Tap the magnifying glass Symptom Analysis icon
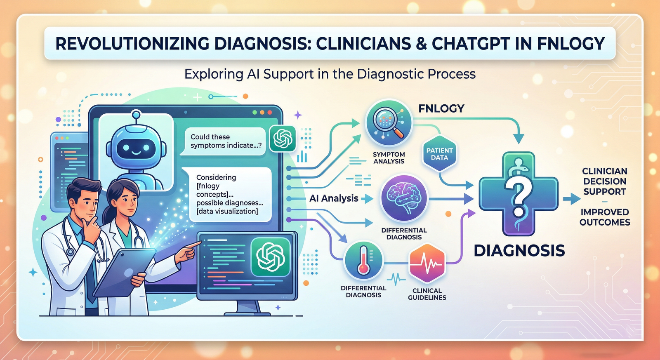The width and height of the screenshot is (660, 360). [389, 123]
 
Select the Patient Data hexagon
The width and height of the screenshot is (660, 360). [439, 154]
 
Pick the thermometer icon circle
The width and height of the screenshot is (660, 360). [364, 261]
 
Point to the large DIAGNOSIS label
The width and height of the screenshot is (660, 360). [519, 250]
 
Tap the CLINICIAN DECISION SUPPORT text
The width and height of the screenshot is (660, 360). [604, 181]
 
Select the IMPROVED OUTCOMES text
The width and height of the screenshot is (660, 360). [605, 217]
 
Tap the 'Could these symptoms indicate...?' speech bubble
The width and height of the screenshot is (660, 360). [223, 141]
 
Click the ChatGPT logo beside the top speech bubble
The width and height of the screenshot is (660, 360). [283, 138]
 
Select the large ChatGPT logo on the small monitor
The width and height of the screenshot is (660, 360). [271, 257]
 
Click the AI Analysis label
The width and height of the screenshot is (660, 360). [334, 198]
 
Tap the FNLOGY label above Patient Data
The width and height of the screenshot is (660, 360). [441, 108]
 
